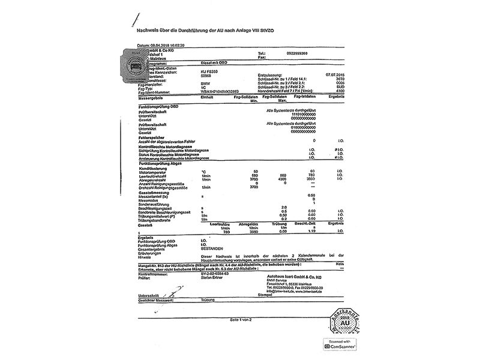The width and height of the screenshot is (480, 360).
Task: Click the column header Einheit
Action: [208, 97]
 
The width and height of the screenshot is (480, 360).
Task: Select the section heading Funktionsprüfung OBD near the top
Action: [158, 106]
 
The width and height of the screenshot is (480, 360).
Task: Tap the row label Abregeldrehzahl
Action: [154, 179]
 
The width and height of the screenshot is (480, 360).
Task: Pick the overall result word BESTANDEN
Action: [213, 248]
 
